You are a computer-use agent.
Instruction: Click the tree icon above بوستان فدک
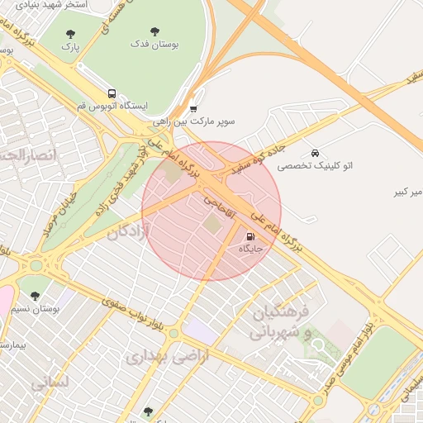154,31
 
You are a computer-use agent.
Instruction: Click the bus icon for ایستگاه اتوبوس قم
112,94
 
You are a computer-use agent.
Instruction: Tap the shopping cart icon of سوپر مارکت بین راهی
193,108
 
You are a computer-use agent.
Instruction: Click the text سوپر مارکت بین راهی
193,121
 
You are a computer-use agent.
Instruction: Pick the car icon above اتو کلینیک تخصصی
315,153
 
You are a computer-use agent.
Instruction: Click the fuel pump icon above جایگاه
250,236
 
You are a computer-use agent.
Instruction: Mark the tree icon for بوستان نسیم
35,295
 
